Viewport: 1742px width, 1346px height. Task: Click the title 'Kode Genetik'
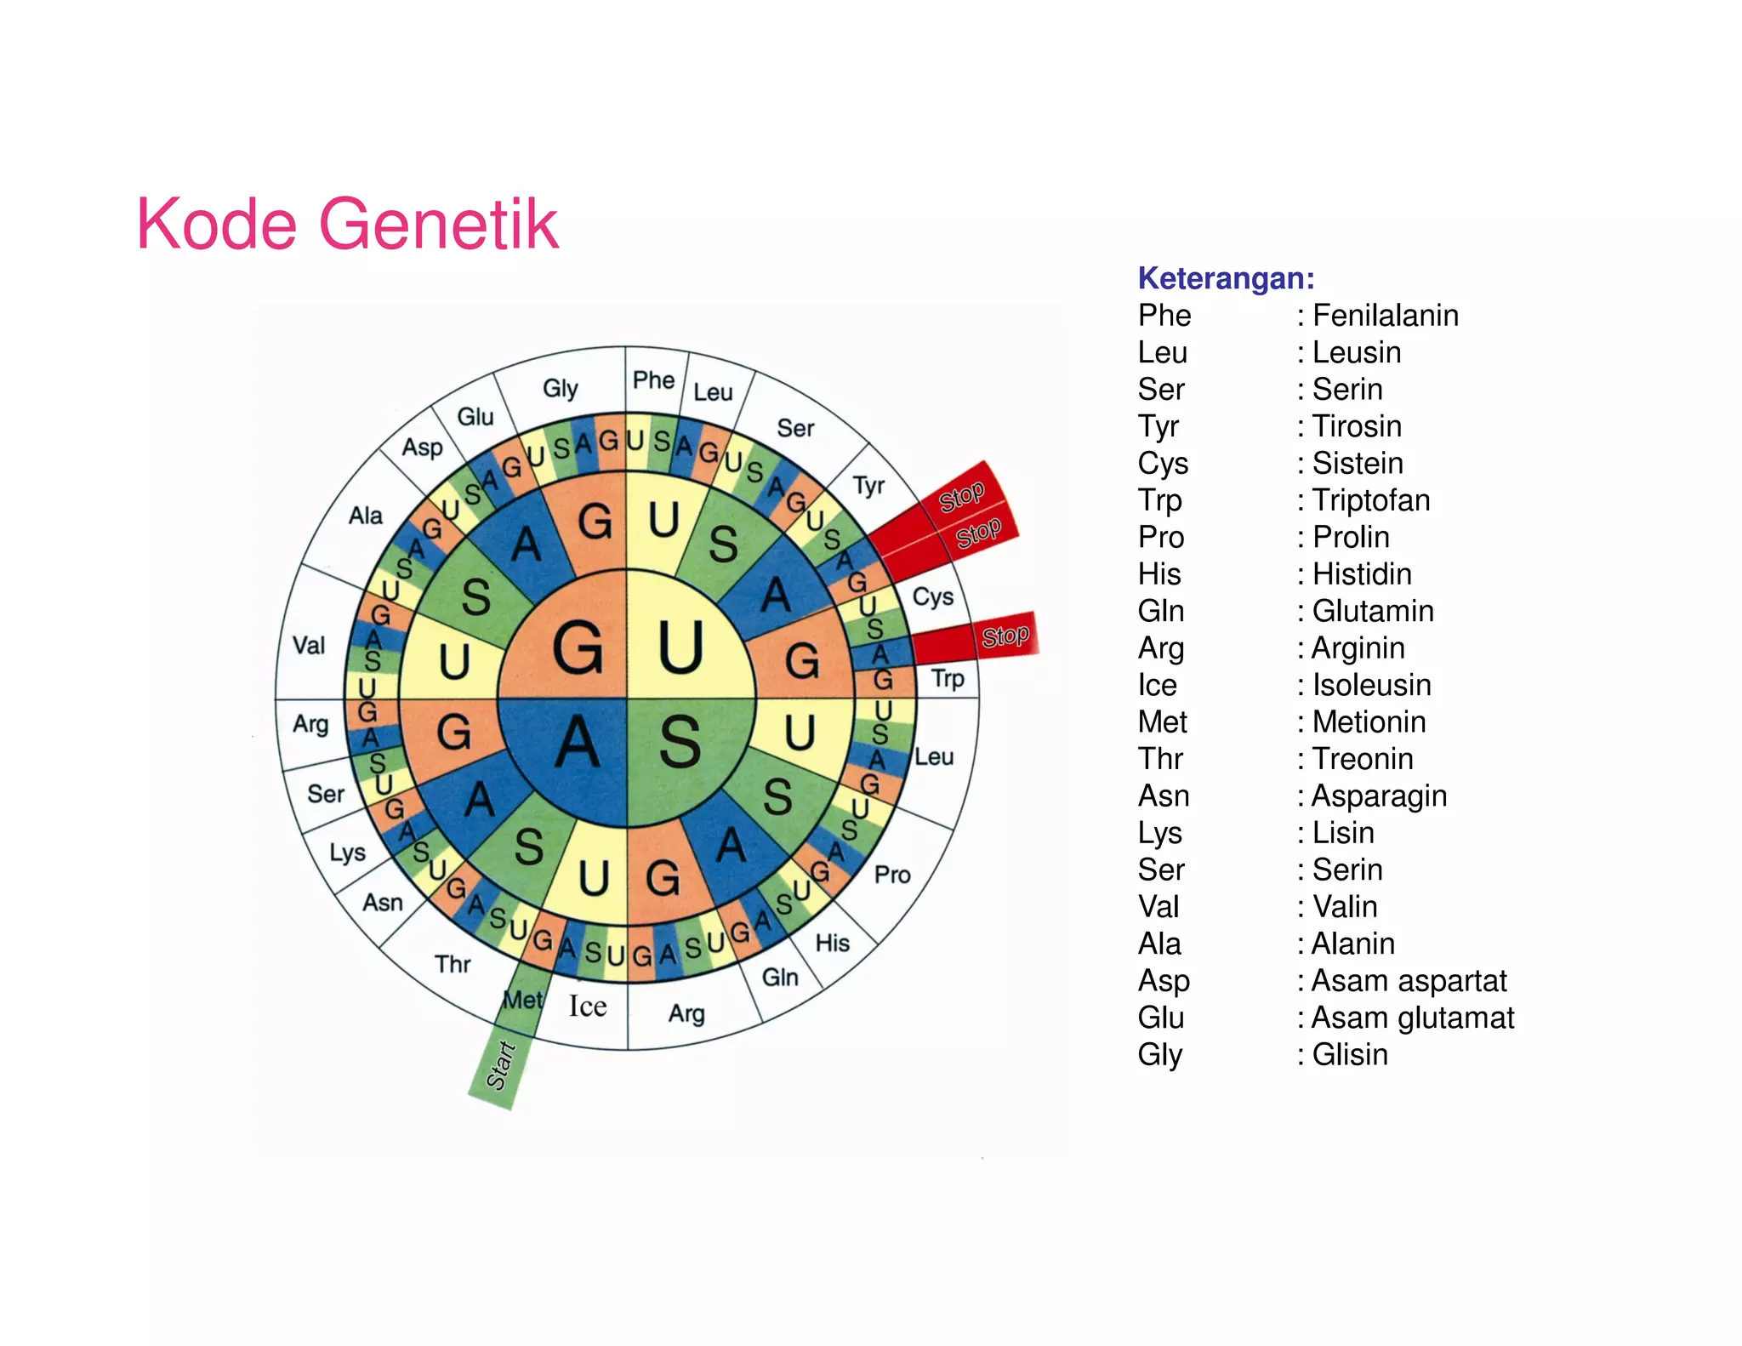(347, 224)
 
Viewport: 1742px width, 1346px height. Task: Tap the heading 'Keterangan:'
(1226, 278)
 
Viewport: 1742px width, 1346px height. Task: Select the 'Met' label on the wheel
(521, 1000)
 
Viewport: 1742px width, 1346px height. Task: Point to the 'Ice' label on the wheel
(588, 1007)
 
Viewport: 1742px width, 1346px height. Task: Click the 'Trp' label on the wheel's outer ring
(948, 679)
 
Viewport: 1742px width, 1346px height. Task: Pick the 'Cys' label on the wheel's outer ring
(932, 596)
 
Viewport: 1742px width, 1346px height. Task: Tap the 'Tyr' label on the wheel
(868, 486)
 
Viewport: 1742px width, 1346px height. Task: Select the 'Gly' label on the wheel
(561, 389)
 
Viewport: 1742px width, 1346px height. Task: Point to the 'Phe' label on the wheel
(653, 380)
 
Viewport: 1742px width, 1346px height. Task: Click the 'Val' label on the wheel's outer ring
(309, 646)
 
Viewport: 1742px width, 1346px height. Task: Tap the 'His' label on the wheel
(832, 943)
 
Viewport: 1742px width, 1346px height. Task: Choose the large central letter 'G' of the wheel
(578, 648)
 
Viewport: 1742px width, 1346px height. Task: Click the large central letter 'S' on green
(680, 742)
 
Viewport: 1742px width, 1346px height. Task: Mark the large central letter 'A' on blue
(578, 742)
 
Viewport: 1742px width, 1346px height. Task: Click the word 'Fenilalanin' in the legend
(1385, 316)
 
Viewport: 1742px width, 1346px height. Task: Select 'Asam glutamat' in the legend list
(1412, 1018)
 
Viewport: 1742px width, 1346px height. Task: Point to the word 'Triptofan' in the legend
(1370, 500)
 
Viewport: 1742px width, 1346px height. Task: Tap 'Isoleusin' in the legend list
(1371, 685)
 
